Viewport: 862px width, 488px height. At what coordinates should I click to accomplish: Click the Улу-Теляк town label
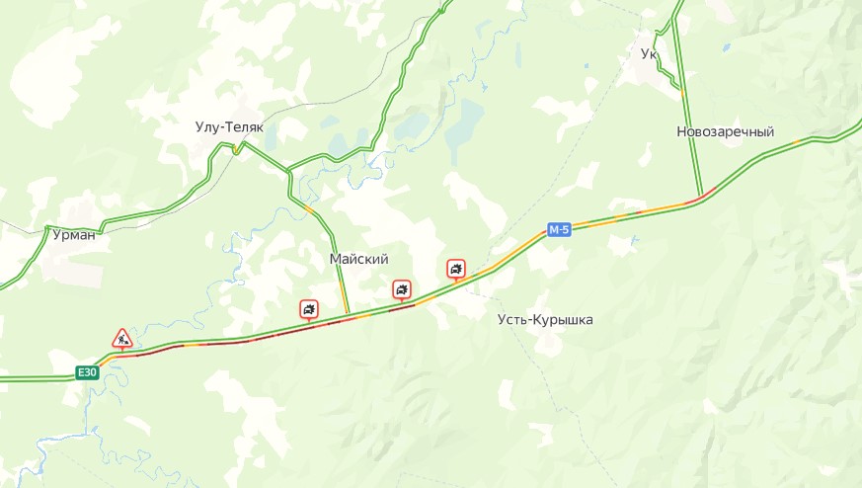(x=235, y=127)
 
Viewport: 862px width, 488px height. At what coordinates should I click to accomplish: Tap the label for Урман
(x=75, y=234)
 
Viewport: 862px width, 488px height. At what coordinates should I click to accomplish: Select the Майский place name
(x=358, y=259)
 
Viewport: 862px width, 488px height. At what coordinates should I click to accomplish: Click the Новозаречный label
(x=726, y=132)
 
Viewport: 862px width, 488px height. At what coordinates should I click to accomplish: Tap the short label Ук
(x=649, y=53)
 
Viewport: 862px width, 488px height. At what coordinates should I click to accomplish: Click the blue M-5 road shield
(x=560, y=230)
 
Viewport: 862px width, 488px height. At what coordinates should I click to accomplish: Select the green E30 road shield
(x=88, y=372)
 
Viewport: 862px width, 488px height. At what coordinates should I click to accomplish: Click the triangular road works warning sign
(x=121, y=340)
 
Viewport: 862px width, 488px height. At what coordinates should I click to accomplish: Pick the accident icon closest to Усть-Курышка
(x=456, y=268)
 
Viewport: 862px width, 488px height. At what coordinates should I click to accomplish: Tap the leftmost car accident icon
(x=310, y=309)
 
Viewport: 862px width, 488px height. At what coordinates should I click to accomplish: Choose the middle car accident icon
(x=402, y=288)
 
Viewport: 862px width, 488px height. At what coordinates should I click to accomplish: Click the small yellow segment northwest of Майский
(x=310, y=210)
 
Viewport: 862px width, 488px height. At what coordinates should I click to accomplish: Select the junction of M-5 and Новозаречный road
(x=702, y=196)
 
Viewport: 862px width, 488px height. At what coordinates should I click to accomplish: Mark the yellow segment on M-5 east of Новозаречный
(x=796, y=142)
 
